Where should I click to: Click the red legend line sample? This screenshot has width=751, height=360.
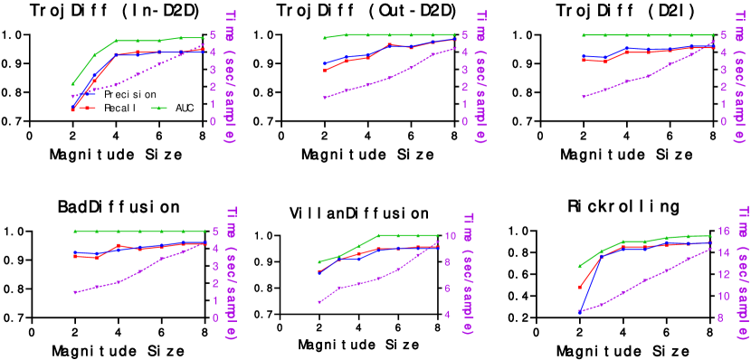click(x=87, y=108)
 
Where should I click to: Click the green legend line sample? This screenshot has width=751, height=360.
click(x=159, y=108)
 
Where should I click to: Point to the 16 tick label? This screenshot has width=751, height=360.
click(x=721, y=230)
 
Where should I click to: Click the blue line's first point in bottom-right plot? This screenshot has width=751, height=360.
click(x=580, y=311)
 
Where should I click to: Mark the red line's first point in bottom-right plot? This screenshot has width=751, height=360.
click(x=580, y=287)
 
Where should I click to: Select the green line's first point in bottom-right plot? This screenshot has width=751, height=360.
click(x=580, y=266)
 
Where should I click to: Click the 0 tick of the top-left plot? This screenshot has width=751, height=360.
click(x=212, y=121)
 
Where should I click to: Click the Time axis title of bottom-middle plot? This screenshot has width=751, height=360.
click(x=468, y=274)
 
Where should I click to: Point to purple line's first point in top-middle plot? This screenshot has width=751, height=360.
click(x=324, y=98)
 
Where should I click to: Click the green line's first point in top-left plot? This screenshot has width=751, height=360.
click(x=73, y=84)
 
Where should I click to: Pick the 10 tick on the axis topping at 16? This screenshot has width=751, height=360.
click(x=721, y=296)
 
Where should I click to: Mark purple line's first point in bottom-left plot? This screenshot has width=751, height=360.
click(x=75, y=292)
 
